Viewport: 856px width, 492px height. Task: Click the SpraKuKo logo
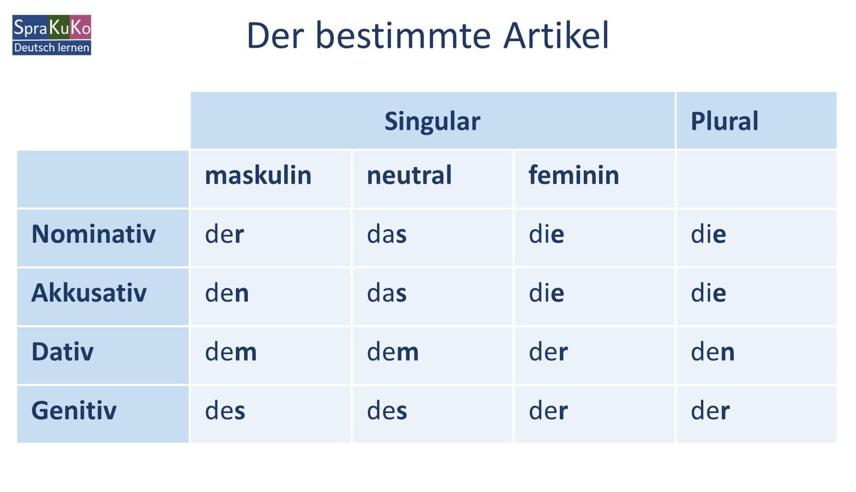coord(52,35)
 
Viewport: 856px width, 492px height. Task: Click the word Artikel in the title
coord(556,35)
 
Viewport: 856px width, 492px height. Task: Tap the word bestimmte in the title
coord(403,35)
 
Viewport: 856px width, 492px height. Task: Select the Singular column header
coord(433,121)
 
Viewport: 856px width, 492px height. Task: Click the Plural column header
coord(724,121)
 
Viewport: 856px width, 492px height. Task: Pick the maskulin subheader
coord(258,175)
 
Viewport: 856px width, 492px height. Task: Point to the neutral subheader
coord(409,175)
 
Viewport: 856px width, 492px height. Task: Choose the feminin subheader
coord(574,175)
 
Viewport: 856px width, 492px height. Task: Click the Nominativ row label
coord(94,234)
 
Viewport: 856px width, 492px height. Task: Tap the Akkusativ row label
coord(89,293)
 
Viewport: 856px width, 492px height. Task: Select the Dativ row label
coord(63,352)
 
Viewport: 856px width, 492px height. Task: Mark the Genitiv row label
coord(74,411)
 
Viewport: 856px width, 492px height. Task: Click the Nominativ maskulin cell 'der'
coord(224,234)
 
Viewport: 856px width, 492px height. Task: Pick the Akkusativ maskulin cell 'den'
coord(227,293)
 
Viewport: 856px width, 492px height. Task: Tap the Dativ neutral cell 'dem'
coord(393,352)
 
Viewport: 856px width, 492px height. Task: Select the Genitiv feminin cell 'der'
coord(548,411)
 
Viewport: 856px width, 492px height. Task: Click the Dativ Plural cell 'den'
coord(712,352)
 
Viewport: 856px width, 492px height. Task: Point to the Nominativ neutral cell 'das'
coord(387,234)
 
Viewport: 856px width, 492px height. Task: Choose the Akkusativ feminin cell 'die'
coord(546,293)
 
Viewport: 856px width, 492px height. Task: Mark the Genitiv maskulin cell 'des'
coord(225,411)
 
